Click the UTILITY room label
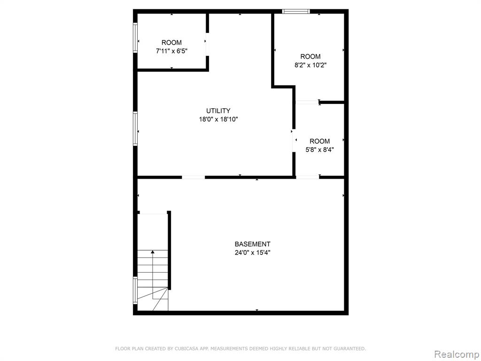point(218,111)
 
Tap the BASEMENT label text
point(252,244)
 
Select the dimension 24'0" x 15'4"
point(252,253)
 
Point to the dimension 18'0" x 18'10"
point(218,119)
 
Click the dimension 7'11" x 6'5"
point(172,51)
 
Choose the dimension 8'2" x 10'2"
point(310,65)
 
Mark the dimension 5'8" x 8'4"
point(319,150)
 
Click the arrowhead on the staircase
point(153,252)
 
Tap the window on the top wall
point(296,12)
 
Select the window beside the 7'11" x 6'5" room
point(135,38)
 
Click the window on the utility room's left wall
point(135,128)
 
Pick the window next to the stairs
point(135,290)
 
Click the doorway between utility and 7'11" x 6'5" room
point(207,44)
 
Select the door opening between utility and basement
point(193,177)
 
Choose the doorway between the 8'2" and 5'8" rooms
point(307,102)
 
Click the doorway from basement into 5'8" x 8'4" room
point(307,177)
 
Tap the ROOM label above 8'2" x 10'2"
point(310,56)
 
